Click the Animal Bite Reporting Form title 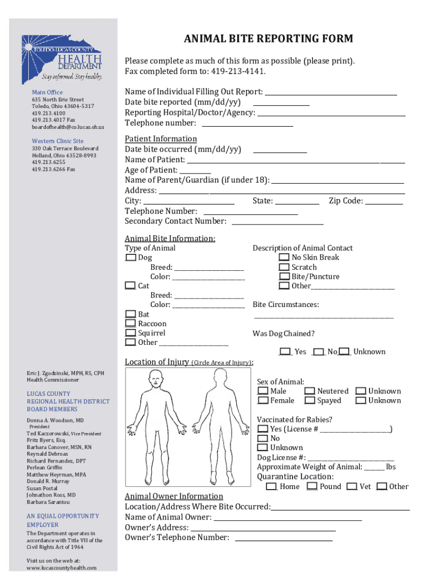point(268,39)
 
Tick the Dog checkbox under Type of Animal point(130,258)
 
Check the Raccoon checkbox point(130,323)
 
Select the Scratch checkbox point(284,267)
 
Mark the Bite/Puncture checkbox point(284,276)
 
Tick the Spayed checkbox point(309,400)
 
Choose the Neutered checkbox point(309,391)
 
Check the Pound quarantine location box point(312,486)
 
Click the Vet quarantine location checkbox point(352,486)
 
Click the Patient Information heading point(161,139)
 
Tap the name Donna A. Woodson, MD point(55,421)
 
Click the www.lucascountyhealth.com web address point(62,568)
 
